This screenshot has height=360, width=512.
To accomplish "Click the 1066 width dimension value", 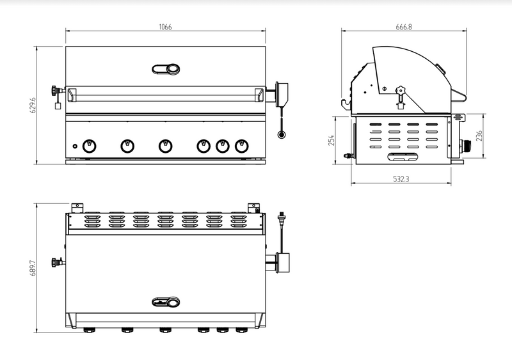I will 166,27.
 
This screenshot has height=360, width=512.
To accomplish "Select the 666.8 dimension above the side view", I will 403,27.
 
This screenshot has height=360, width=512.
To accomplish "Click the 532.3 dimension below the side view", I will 401,180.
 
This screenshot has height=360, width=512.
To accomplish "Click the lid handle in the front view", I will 166,69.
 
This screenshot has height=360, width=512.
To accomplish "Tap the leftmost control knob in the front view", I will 90,146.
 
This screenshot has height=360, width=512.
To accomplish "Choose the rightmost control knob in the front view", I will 241,146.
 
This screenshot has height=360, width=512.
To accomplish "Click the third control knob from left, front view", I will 165,146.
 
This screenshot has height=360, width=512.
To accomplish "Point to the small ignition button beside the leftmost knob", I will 74,146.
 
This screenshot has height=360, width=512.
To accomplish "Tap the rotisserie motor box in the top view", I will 282,262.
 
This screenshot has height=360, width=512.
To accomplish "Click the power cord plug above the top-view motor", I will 282,219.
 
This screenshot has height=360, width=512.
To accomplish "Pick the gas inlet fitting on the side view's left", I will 347,155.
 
